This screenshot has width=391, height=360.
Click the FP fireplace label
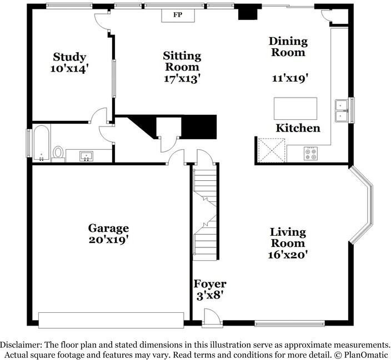coord(178,14)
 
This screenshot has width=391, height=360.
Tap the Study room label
coord(69,57)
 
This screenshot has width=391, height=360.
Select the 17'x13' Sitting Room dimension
coord(182,79)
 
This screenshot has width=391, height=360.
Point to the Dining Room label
coord(288,47)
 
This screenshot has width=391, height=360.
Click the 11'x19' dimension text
coord(289,79)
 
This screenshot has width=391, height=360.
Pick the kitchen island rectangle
coord(295,109)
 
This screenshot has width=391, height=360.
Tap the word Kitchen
coord(298,128)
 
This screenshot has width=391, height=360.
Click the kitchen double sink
coord(340,110)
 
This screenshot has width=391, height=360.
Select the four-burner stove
coord(310,154)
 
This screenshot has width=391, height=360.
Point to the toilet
coord(59,153)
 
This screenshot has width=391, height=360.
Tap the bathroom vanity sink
coord(86,156)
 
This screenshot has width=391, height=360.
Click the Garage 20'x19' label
coord(109,234)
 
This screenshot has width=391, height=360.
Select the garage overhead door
coord(111,320)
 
